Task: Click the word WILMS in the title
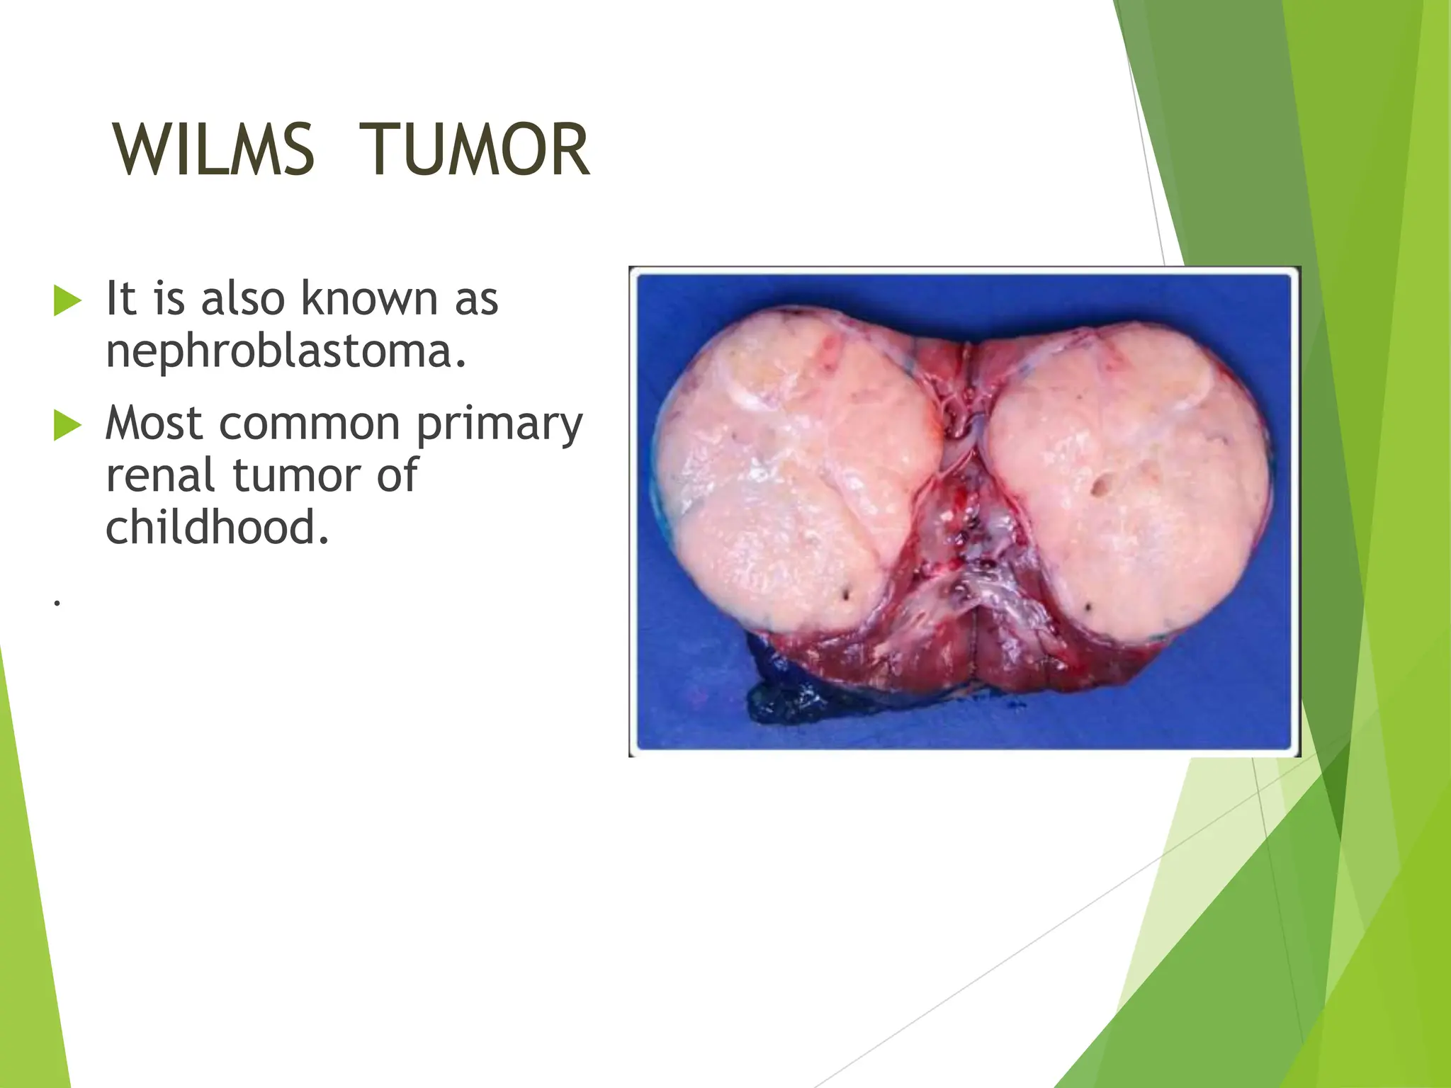[213, 150]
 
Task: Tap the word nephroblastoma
[286, 351]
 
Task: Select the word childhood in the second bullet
[217, 528]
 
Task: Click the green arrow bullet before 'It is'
[68, 301]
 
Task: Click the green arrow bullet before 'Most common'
[68, 425]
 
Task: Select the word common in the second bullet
[310, 424]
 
